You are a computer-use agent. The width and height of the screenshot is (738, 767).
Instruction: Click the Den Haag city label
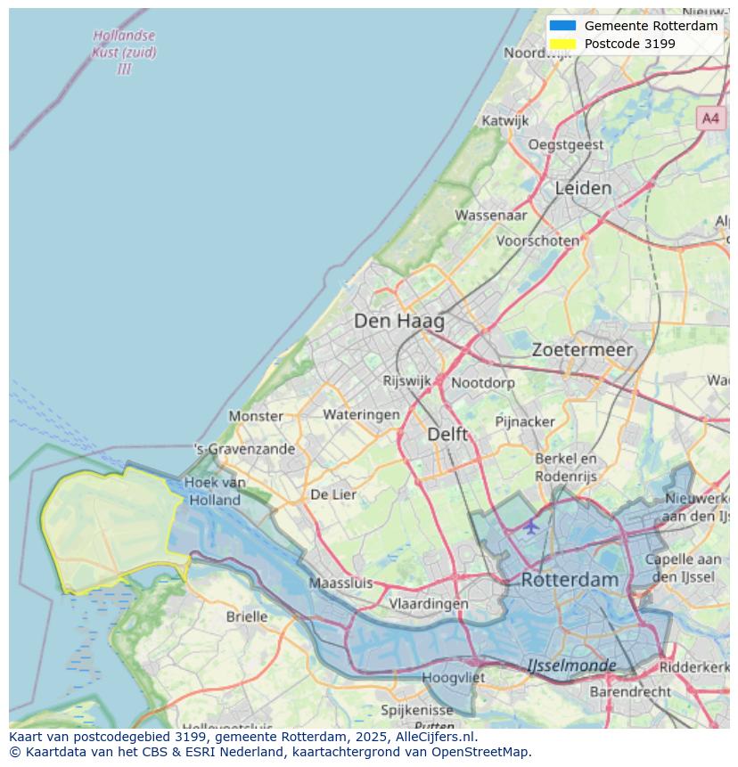[x=398, y=321]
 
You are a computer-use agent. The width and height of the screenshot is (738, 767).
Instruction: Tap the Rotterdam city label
[x=569, y=580]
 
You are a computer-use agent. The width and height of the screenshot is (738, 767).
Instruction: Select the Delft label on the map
[x=447, y=434]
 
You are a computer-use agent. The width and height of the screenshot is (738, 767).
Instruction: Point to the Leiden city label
[x=583, y=188]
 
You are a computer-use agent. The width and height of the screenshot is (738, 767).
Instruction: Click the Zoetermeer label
[x=582, y=350]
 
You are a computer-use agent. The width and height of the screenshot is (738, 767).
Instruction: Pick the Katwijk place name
[x=504, y=121]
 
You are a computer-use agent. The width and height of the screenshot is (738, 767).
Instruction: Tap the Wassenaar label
[x=491, y=216]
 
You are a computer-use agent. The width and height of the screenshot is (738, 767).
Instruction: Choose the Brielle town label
[x=247, y=616]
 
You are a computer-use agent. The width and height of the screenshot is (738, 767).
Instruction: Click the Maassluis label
[x=340, y=583]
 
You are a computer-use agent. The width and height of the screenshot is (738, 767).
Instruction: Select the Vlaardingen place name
[x=429, y=604]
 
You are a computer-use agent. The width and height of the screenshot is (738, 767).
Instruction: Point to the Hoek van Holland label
[x=214, y=491]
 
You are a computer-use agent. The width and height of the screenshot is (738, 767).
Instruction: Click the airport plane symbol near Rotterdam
[x=531, y=526]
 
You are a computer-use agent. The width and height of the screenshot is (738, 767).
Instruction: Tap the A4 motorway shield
[x=709, y=118]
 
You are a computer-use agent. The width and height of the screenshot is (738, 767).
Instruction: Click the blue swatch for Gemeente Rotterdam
[x=563, y=26]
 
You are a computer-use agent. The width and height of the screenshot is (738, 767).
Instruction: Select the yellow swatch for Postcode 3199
[x=563, y=44]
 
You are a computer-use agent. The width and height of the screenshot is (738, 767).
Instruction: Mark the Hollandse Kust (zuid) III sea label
[x=124, y=53]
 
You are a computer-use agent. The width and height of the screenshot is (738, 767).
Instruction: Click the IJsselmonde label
[x=571, y=665]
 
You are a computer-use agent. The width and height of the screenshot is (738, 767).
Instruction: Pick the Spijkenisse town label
[x=416, y=710]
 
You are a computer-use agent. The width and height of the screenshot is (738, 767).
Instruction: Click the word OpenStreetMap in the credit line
[x=480, y=752]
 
